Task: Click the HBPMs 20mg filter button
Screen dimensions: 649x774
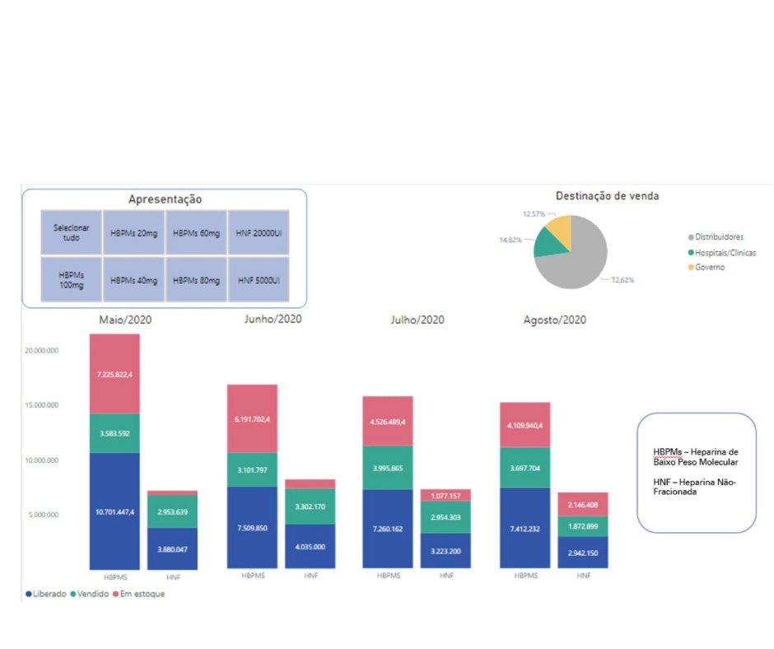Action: point(134,233)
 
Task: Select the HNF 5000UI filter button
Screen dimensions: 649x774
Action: point(259,280)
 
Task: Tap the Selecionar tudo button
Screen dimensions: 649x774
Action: point(72,233)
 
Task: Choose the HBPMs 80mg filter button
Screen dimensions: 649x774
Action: point(196,280)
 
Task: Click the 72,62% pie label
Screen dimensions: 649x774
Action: point(622,280)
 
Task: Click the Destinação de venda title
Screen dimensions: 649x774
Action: point(607,196)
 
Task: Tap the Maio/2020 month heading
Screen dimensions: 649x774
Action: point(125,320)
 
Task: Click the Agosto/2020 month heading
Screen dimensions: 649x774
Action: point(555,320)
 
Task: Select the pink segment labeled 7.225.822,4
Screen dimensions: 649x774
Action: point(114,373)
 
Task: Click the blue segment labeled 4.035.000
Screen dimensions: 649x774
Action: point(310,546)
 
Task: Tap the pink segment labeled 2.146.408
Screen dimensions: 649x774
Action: point(583,504)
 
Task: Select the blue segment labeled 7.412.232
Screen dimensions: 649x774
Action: point(525,528)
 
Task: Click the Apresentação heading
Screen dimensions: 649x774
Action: point(165,199)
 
